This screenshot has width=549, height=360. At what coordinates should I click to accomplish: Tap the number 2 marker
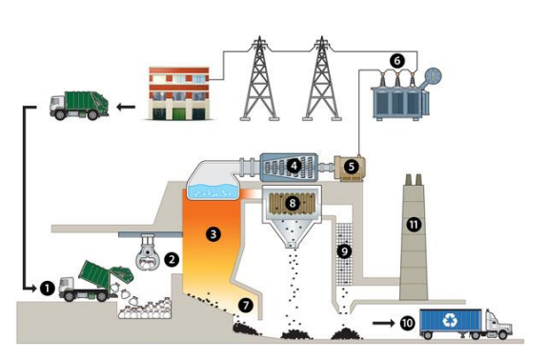[x=173, y=258]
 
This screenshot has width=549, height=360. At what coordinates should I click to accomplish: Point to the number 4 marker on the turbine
[x=295, y=166]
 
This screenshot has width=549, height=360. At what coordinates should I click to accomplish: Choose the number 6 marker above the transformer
[x=396, y=60]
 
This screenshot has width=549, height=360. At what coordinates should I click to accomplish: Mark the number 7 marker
[x=246, y=306]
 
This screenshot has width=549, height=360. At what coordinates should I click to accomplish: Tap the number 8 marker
[x=294, y=202]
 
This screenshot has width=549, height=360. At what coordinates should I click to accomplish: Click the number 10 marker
[x=408, y=324]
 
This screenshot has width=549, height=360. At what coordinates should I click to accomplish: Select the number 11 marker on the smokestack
[x=413, y=226]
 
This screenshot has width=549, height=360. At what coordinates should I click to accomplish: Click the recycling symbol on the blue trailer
[x=451, y=322]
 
